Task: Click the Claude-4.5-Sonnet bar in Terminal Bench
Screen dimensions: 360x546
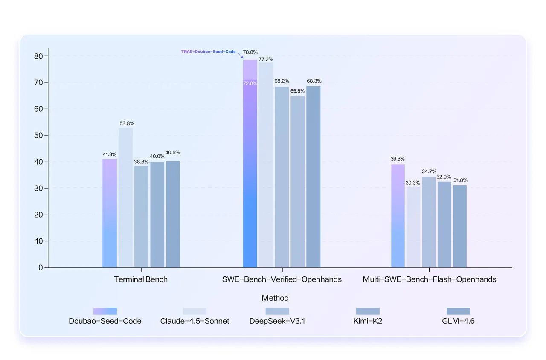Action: (x=125, y=197)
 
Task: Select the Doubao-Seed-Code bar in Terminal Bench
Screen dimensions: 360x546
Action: (x=110, y=213)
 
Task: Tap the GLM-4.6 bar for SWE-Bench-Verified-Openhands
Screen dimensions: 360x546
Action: (x=314, y=177)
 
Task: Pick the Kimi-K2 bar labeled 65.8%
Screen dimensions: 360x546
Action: (x=298, y=182)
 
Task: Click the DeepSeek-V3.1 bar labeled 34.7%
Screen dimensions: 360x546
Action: (x=429, y=222)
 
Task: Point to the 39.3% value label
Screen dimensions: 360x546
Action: (x=398, y=159)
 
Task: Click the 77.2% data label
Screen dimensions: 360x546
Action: (x=266, y=59)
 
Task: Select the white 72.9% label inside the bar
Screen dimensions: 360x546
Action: (x=250, y=84)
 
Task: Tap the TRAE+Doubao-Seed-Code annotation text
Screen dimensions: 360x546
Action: (x=209, y=52)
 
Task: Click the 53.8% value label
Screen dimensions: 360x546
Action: (x=126, y=123)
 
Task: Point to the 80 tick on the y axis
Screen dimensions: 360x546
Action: (x=38, y=56)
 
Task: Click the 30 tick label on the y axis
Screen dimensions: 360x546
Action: (x=38, y=188)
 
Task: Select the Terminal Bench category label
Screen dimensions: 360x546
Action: (x=141, y=279)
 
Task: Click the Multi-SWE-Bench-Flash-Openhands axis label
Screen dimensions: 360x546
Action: (x=430, y=279)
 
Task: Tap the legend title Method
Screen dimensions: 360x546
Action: (x=275, y=298)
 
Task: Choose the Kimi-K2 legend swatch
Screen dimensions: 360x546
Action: (x=368, y=311)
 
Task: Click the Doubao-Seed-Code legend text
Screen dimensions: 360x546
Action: (x=105, y=321)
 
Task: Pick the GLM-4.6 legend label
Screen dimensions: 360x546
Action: (x=458, y=321)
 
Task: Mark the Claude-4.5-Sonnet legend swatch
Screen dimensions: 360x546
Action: (x=195, y=311)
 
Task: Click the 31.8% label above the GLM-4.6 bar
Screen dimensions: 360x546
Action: (x=460, y=180)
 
